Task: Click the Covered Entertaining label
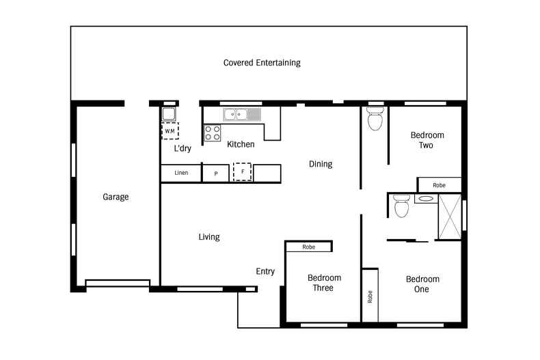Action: pos(262,63)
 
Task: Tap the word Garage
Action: pos(116,197)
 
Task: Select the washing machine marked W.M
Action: pos(169,130)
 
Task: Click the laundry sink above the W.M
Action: pos(169,114)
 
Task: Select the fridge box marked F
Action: pos(243,172)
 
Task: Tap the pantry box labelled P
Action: pos(216,174)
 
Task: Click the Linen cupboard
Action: pos(181,174)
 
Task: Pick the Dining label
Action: pos(321,164)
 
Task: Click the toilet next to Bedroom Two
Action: pos(375,120)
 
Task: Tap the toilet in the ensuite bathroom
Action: pos(401,207)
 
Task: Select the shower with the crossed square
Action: pos(450,217)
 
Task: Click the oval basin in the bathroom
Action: pos(424,199)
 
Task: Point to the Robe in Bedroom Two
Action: pos(439,185)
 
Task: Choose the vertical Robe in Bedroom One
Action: pos(370,294)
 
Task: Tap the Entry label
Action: pos(265,271)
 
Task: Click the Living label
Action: pos(209,237)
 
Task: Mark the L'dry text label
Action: pos(182,148)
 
